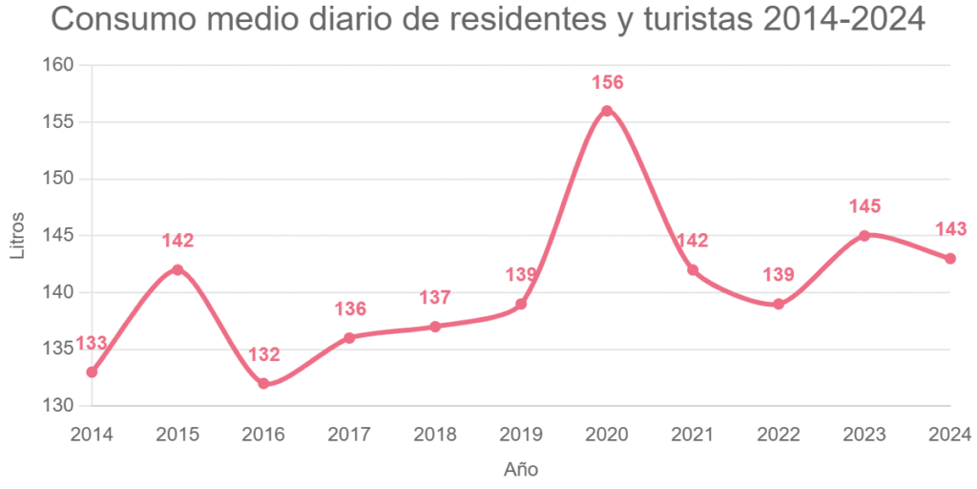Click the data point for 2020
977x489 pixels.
607,111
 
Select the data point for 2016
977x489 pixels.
263,384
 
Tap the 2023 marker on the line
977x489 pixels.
864,236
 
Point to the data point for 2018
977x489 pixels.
435,327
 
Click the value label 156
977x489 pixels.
608,83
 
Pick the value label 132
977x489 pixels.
264,355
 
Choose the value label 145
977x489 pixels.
864,207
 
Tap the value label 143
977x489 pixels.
950,229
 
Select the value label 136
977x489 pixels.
350,309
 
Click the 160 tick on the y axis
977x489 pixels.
59,65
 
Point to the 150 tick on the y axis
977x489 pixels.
59,179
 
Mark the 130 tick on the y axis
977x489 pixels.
59,406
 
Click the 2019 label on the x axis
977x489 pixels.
521,436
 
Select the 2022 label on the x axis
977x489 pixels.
779,436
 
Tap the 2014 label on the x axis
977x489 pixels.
92,436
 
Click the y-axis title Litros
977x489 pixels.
18,236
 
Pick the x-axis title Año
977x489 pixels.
521,470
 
